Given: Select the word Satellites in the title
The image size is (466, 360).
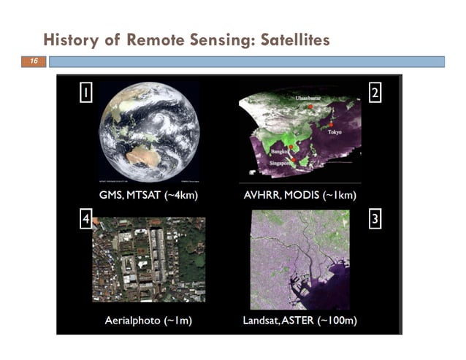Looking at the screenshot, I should pyautogui.click(x=291, y=39).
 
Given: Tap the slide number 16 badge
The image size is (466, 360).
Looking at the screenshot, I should pyautogui.click(x=33, y=62).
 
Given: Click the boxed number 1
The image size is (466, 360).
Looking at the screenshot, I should pyautogui.click(x=85, y=93).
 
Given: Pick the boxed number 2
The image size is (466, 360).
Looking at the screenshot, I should pyautogui.click(x=375, y=93).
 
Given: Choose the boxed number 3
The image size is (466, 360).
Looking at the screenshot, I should pyautogui.click(x=375, y=220).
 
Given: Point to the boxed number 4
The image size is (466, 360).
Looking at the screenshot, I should pyautogui.click(x=85, y=220).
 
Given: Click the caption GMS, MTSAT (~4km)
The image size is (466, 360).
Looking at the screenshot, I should pyautogui.click(x=149, y=195).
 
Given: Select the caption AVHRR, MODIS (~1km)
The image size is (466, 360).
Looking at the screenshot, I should pyautogui.click(x=299, y=195).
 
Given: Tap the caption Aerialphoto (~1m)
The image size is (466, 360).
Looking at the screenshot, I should pyautogui.click(x=148, y=321).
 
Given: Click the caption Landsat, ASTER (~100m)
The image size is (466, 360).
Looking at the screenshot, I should pyautogui.click(x=299, y=321).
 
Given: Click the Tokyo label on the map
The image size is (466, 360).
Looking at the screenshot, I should pyautogui.click(x=335, y=132).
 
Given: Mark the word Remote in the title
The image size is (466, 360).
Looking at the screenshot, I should pyautogui.click(x=156, y=39).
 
